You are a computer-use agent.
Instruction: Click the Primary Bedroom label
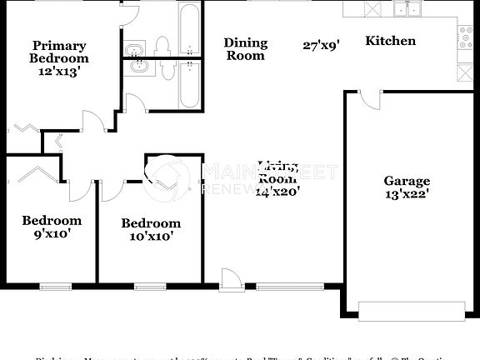pyautogui.click(x=58, y=52)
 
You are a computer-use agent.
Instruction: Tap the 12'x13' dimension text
pyautogui.click(x=58, y=72)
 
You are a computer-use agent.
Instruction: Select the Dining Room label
pyautogui.click(x=246, y=49)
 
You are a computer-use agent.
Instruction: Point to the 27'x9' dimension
pyautogui.click(x=321, y=47)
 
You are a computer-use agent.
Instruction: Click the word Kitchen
pyautogui.click(x=390, y=40)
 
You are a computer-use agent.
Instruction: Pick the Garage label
pyautogui.click(x=407, y=181)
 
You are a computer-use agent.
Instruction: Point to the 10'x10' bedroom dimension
pyautogui.click(x=151, y=237)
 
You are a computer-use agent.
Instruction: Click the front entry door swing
pyautogui.click(x=231, y=279)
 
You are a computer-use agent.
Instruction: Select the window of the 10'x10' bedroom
pyautogui.click(x=150, y=286)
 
